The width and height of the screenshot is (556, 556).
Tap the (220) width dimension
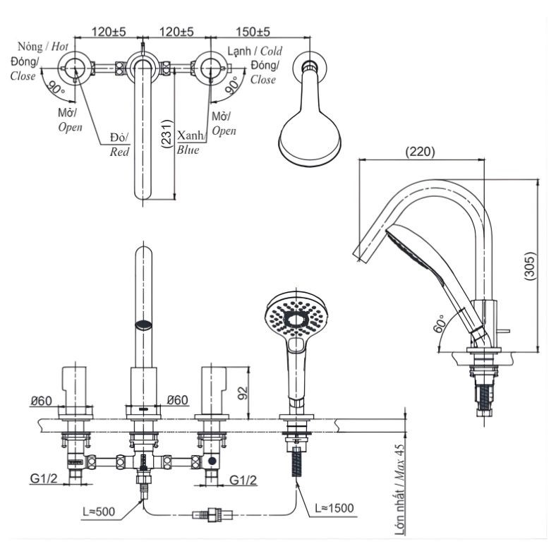(x=421, y=151)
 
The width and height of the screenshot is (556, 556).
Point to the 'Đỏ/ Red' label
(x=119, y=145)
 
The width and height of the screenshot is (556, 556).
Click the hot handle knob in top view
(x=77, y=68)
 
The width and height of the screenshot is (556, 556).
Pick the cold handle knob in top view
(x=210, y=68)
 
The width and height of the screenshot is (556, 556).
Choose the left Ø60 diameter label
(x=42, y=401)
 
